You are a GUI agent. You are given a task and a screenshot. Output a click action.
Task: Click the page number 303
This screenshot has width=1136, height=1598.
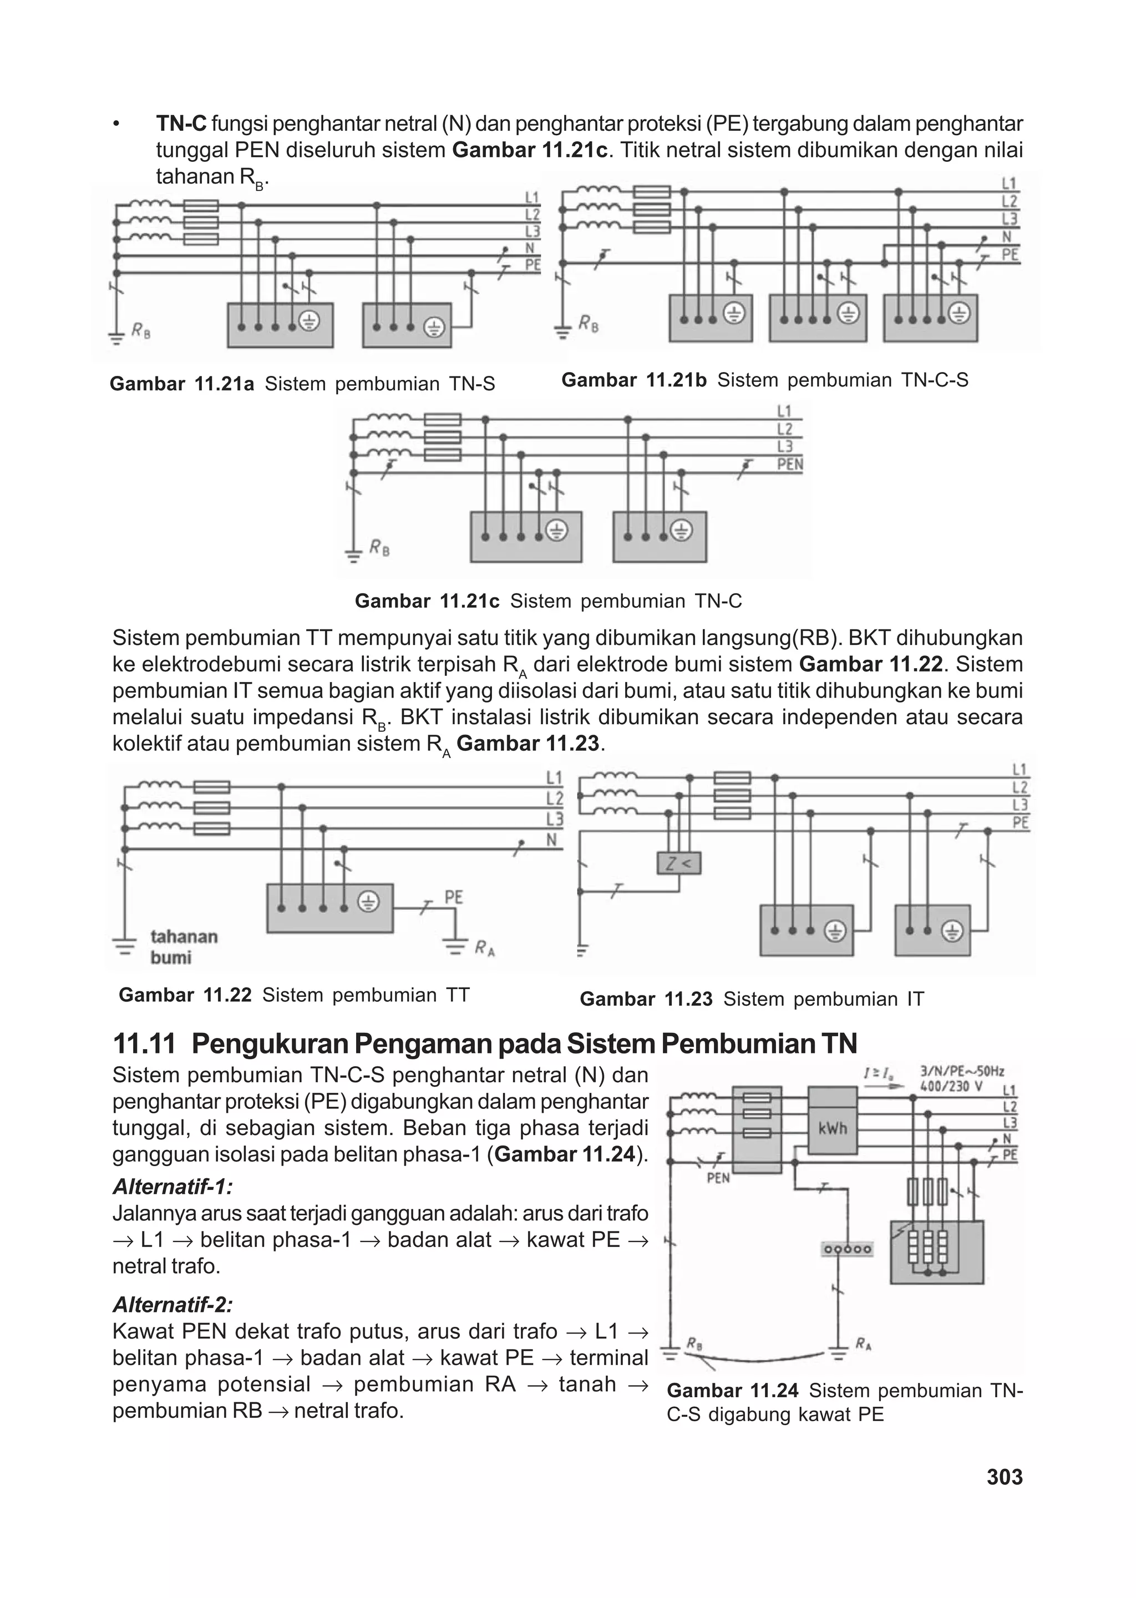click(x=1005, y=1477)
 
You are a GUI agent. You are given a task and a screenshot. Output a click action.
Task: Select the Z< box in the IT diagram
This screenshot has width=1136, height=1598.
click(x=678, y=863)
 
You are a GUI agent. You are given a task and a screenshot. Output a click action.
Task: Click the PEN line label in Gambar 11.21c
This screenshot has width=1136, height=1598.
click(x=790, y=464)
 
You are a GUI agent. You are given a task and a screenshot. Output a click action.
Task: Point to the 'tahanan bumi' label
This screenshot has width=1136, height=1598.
click(x=183, y=946)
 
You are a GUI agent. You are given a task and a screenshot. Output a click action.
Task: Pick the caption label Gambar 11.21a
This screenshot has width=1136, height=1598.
click(x=182, y=384)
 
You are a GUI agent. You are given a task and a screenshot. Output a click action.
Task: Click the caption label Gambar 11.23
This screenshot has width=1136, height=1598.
click(x=646, y=999)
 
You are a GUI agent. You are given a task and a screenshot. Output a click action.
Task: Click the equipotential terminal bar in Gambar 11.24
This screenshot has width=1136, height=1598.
click(x=846, y=1249)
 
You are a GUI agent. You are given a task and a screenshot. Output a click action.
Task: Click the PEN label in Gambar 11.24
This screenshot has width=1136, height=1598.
click(x=718, y=1178)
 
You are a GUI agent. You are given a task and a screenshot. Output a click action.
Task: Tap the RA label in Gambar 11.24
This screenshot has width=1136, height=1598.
click(x=863, y=1343)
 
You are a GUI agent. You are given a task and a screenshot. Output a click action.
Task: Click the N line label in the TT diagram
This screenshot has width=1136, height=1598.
click(x=551, y=840)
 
